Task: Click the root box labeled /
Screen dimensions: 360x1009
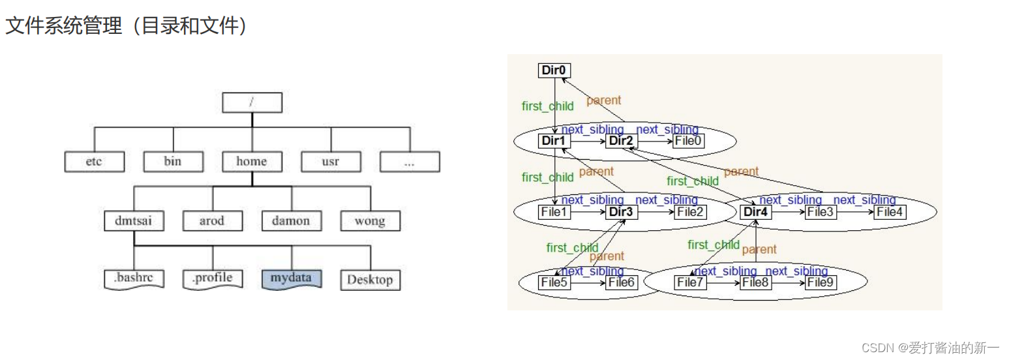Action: pyautogui.click(x=252, y=102)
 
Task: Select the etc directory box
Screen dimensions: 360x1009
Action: pyautogui.click(x=94, y=162)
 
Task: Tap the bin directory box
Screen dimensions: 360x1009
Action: pyautogui.click(x=173, y=162)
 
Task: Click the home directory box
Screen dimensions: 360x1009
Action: pyautogui.click(x=252, y=162)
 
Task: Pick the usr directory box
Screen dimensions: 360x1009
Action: pyautogui.click(x=331, y=162)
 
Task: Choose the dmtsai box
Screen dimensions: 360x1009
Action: pyautogui.click(x=134, y=221)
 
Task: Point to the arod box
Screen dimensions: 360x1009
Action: pyautogui.click(x=212, y=221)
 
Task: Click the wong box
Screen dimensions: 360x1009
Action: pyautogui.click(x=370, y=221)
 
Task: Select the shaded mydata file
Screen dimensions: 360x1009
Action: pyautogui.click(x=292, y=278)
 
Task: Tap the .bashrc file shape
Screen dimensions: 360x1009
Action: pyautogui.click(x=134, y=278)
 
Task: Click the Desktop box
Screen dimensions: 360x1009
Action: pyautogui.click(x=370, y=280)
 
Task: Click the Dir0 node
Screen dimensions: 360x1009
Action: pyautogui.click(x=555, y=70)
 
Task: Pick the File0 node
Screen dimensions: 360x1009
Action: pyautogui.click(x=689, y=140)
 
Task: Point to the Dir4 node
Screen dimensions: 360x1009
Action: pyautogui.click(x=757, y=211)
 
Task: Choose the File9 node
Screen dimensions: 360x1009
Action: pyautogui.click(x=821, y=282)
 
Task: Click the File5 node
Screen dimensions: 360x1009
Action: pyautogui.click(x=555, y=282)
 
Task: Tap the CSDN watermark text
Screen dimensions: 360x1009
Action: pyautogui.click(x=930, y=348)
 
